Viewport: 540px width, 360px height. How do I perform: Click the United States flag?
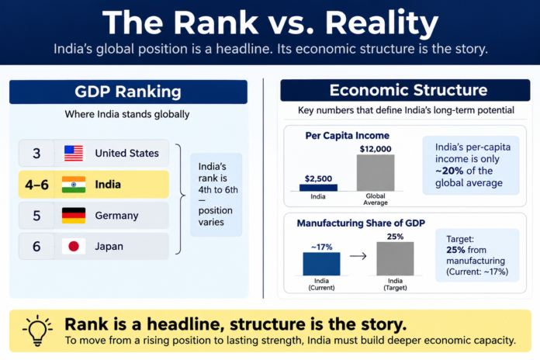click(x=74, y=153)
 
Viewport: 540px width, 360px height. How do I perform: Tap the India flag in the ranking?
click(x=74, y=185)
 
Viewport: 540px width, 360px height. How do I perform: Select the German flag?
click(x=74, y=216)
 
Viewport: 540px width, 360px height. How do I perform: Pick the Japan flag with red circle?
click(x=74, y=246)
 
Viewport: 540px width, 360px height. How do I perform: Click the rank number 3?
click(x=36, y=154)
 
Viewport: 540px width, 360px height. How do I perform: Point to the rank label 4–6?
click(x=36, y=185)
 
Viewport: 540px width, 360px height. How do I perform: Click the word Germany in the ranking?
click(x=116, y=216)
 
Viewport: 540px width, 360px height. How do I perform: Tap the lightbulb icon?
click(x=37, y=330)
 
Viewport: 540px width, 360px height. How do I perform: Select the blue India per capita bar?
click(x=318, y=188)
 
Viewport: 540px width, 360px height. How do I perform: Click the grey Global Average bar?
click(x=376, y=172)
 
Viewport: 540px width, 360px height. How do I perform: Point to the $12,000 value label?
click(x=376, y=149)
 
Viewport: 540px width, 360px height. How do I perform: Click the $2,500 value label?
click(x=318, y=178)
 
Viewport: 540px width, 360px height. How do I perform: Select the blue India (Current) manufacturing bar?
click(x=321, y=264)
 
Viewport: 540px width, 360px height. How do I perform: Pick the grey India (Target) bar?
click(x=395, y=258)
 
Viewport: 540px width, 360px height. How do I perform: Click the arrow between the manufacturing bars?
click(x=358, y=256)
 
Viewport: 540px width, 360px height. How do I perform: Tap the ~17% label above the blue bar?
click(x=322, y=247)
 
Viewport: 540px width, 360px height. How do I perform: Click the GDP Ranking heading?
click(x=128, y=92)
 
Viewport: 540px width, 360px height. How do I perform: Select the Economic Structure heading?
click(x=408, y=90)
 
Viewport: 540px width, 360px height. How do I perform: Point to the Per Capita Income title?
click(x=347, y=136)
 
